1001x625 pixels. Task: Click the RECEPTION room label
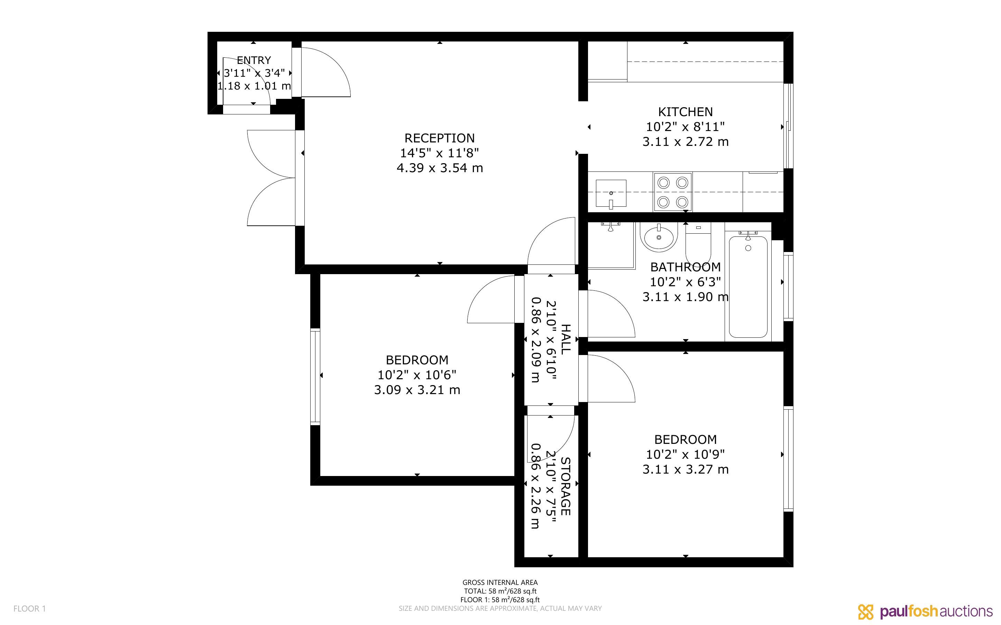[x=440, y=138]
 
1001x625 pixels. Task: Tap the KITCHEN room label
[x=685, y=112]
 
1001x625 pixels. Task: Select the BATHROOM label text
[x=685, y=267]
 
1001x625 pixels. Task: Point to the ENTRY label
[x=254, y=60]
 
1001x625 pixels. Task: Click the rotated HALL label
[x=565, y=339]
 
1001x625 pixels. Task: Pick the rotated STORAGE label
[x=565, y=486]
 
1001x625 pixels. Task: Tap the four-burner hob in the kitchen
[x=673, y=192]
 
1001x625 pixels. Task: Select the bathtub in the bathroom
[x=748, y=287]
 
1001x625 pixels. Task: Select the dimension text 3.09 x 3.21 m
[x=417, y=390]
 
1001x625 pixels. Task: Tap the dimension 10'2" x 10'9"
[x=685, y=455]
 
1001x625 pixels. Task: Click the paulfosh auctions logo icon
[x=865, y=612]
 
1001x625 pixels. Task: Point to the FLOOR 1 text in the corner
[x=29, y=608]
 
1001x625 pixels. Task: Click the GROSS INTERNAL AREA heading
[x=500, y=582]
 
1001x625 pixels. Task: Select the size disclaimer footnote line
[x=500, y=608]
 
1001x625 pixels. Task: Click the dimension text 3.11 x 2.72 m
[x=685, y=142]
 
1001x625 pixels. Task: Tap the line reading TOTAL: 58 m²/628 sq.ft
[x=500, y=591]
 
